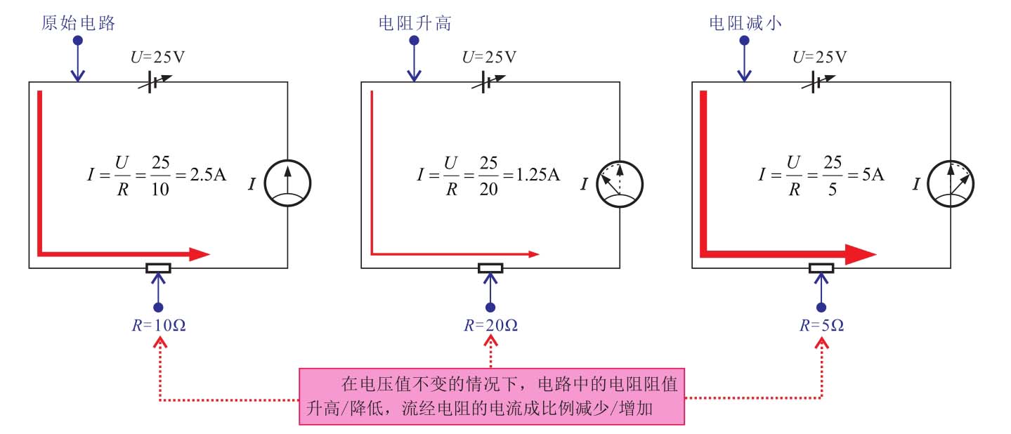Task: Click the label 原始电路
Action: click(78, 23)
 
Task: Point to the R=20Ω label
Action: click(490, 326)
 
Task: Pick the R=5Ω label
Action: click(821, 326)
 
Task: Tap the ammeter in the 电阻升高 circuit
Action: click(619, 184)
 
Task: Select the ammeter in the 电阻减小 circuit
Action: click(951, 184)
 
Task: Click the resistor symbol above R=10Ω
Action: click(158, 268)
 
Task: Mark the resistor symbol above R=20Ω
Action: click(490, 268)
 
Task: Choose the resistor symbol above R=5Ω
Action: click(821, 268)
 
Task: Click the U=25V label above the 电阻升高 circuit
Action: click(489, 57)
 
